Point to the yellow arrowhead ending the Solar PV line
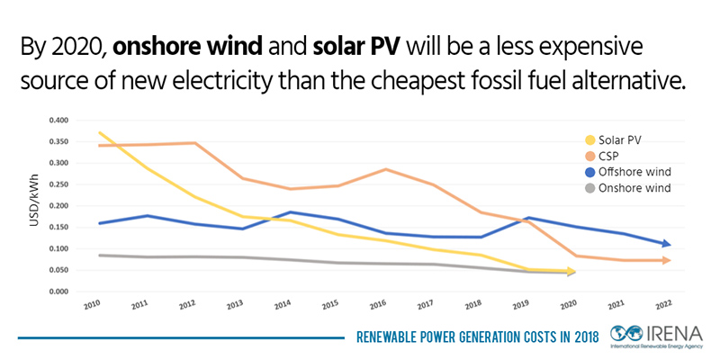pos(571,271)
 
